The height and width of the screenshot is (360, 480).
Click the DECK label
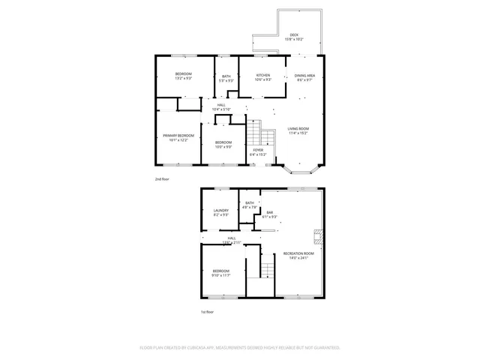295,35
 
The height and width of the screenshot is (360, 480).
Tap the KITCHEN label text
262,75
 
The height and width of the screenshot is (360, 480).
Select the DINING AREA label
304,75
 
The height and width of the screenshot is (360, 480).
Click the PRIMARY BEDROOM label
178,136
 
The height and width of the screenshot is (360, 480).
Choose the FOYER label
258,150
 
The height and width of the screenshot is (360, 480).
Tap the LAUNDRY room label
220,211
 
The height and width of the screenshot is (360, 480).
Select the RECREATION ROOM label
298,253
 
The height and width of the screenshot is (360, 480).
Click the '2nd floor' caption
162,180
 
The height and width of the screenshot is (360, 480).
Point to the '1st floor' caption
206,311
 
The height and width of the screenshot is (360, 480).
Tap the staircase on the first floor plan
266,266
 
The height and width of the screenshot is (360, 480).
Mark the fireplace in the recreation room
317,237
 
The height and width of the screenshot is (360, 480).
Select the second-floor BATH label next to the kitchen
226,76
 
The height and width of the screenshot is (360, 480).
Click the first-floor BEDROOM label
220,271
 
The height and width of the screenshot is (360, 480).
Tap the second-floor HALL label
221,105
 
